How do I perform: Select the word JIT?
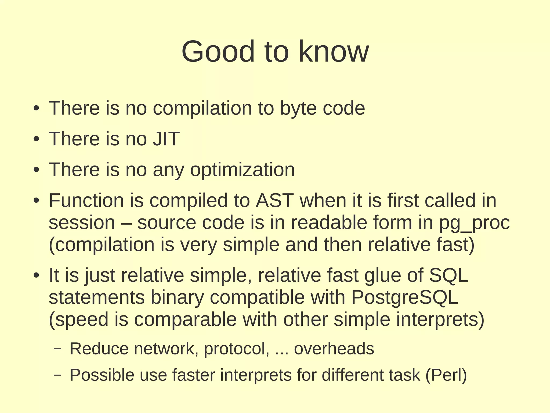[x=166, y=139]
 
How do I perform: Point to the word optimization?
[x=242, y=170]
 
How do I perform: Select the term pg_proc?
[x=474, y=223]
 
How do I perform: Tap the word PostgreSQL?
[x=404, y=297]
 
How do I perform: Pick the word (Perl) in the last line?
[x=446, y=375]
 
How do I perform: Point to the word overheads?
[x=334, y=349]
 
